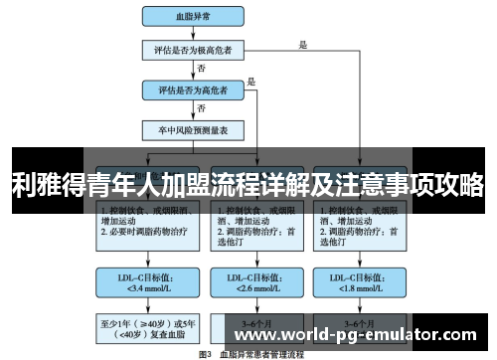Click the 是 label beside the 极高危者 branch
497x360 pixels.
pyautogui.click(x=303, y=43)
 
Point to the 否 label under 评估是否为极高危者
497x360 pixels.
pyautogui.click(x=203, y=68)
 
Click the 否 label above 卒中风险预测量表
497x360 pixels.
pyautogui.click(x=203, y=107)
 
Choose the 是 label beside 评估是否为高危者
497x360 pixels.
pyautogui.click(x=252, y=82)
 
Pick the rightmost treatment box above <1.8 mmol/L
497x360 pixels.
pyautogui.click(x=359, y=223)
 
